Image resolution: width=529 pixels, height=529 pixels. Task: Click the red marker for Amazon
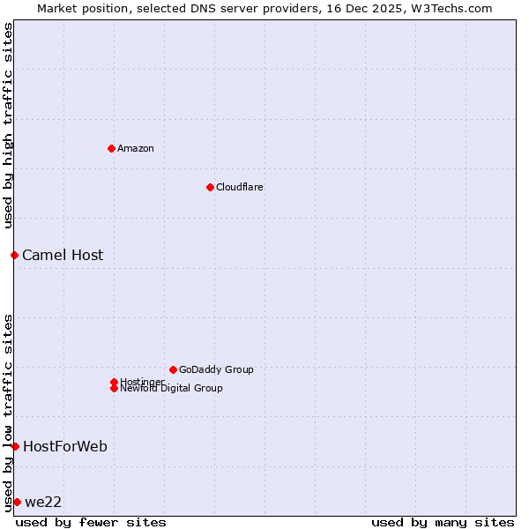pos(111,148)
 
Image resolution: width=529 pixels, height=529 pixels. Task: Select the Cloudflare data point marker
pos(210,187)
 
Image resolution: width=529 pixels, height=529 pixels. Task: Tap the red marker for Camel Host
pos(14,255)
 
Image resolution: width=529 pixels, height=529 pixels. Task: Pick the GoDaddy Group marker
pos(173,369)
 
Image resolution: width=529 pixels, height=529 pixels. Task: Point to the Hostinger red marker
pos(114,382)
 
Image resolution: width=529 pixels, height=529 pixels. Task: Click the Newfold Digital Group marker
pos(114,388)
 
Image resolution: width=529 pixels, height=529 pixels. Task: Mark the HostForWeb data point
pos(15,446)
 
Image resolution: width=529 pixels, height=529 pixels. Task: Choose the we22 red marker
pos(17,502)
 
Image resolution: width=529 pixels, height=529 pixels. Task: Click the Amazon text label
pos(136,148)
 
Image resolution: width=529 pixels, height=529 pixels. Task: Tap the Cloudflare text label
pos(240,187)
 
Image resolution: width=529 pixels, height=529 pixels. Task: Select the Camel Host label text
pos(63,255)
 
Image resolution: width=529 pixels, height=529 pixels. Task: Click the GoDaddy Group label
pos(216,369)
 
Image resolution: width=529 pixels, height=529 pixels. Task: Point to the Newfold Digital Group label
pos(172,389)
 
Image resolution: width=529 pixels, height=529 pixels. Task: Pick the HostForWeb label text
pos(65,446)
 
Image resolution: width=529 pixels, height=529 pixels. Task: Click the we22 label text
pos(43,502)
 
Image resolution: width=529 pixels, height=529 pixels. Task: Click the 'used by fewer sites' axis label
pos(91,522)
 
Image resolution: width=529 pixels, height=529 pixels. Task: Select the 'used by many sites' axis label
pos(443,522)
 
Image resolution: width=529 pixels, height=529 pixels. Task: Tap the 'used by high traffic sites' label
pos(8,125)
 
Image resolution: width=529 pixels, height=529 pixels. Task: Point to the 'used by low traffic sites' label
pos(8,412)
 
